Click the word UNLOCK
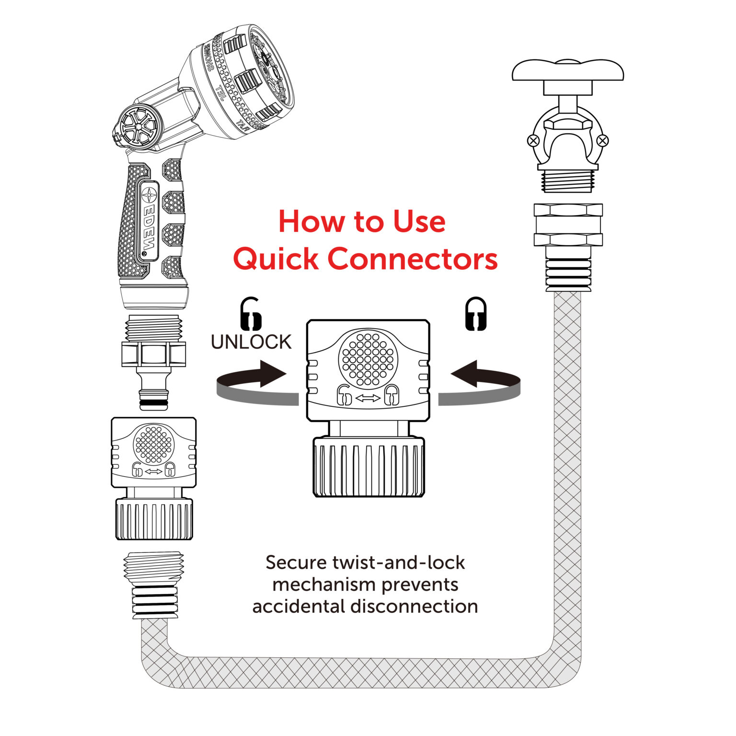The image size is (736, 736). (251, 342)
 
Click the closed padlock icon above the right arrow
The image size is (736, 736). (476, 314)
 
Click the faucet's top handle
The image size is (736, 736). (568, 71)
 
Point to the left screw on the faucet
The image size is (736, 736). (533, 141)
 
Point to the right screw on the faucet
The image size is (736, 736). (603, 141)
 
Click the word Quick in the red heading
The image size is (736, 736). (276, 259)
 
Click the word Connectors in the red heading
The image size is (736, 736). (413, 259)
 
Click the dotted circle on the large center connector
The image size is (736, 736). (368, 358)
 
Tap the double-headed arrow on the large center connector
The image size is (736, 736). (368, 398)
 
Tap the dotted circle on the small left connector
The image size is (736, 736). (153, 444)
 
